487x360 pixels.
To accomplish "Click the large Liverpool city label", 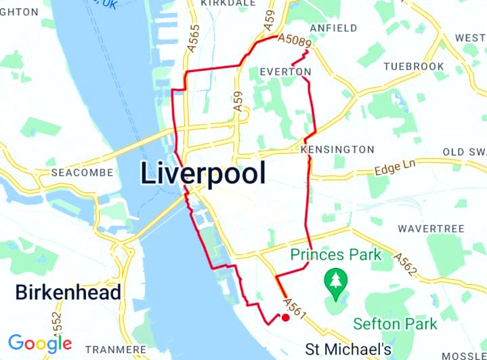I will coord(203,174).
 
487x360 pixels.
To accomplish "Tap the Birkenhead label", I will coord(68,293).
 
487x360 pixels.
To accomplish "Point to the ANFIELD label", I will coord(333,28).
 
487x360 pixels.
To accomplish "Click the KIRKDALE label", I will coord(229,3).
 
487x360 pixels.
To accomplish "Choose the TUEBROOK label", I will coord(413,66).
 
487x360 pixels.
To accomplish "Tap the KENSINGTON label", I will coord(337,149).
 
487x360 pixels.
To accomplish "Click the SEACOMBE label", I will coord(82,173).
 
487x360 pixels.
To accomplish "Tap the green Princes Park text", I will coord(337,256).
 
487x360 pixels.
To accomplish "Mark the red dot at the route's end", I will coord(285,317).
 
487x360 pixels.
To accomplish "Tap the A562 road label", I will coord(405,263).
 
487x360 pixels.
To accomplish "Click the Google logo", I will coord(40,343).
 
